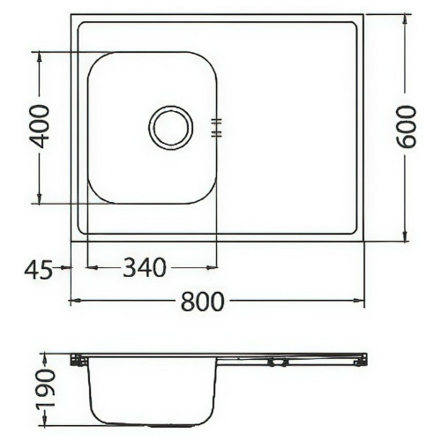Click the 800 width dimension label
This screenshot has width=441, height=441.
202,302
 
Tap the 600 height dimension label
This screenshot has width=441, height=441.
407,127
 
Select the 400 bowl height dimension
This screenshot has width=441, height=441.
40,127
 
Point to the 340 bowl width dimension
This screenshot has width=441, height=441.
145,267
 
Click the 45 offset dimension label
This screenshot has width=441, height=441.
38,270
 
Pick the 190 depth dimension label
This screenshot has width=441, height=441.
46,388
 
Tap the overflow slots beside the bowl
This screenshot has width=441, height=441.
217,128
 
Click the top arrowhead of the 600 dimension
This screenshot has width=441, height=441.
405,19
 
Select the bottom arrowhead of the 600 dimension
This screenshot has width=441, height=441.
405,236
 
